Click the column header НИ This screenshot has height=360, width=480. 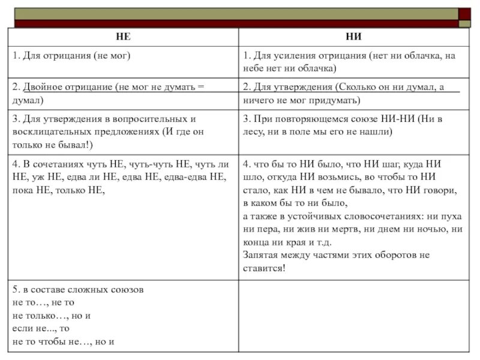(353, 36)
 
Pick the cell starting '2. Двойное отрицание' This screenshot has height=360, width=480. (108, 93)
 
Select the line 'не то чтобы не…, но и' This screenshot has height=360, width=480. (62, 341)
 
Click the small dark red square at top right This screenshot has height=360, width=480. (464, 13)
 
